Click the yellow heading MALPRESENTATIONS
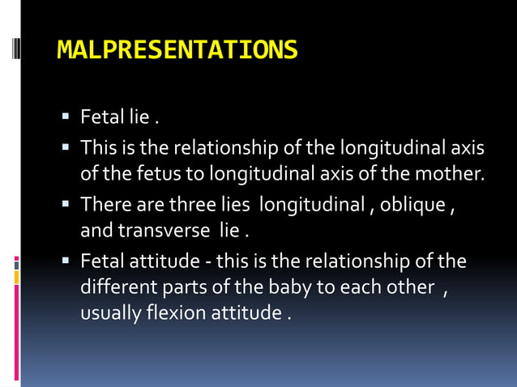[177, 51]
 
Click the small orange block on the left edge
[17, 278]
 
